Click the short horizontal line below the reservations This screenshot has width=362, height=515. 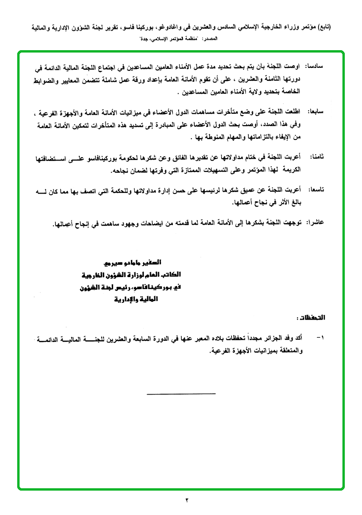181,394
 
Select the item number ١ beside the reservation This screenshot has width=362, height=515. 319,338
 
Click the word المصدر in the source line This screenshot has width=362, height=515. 209,37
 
